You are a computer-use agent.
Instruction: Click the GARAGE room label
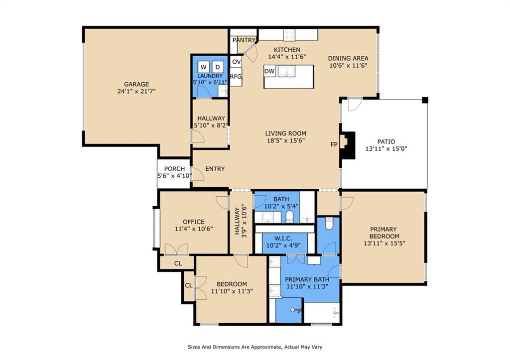tap(136, 84)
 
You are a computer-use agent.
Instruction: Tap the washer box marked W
tap(204, 67)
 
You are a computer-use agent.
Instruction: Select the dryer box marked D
tap(218, 67)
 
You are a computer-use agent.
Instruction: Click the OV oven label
tap(237, 62)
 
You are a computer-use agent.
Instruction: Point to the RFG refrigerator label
tap(236, 77)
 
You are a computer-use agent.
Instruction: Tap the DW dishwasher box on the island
tap(269, 71)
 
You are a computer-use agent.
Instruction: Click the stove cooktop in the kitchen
tap(289, 35)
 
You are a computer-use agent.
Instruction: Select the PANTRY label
tap(244, 40)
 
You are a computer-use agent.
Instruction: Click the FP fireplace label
tap(334, 144)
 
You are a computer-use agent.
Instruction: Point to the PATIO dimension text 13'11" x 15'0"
tap(386, 149)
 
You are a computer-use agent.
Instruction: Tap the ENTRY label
tap(215, 169)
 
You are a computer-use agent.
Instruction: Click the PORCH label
tap(174, 169)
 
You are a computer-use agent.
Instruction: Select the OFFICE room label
tap(194, 222)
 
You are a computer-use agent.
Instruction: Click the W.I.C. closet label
tap(283, 239)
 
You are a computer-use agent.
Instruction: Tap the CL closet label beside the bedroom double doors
tap(189, 285)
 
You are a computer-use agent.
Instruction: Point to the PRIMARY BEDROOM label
tap(384, 233)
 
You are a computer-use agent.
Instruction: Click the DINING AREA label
tap(348, 59)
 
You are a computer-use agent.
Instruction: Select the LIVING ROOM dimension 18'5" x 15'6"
tap(285, 140)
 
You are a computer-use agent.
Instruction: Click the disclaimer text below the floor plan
tap(255, 347)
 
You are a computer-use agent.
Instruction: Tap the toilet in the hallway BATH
tap(290, 217)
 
